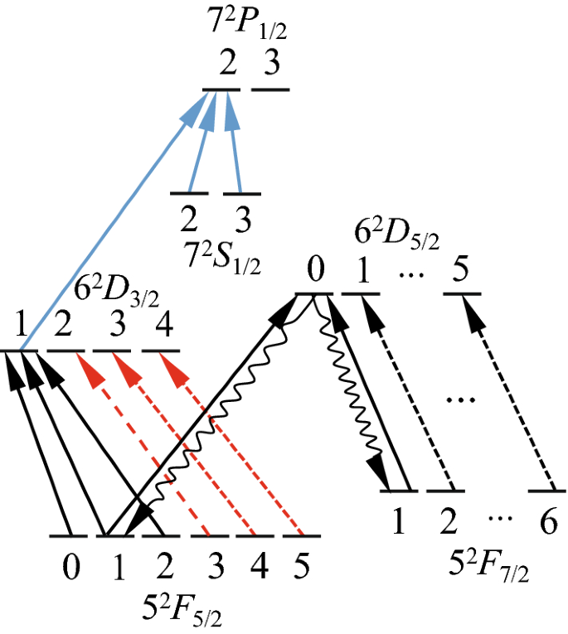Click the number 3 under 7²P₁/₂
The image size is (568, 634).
point(271,63)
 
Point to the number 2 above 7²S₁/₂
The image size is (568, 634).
point(189,220)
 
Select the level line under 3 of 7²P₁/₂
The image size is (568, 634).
point(271,89)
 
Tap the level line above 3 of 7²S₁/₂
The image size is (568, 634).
point(242,194)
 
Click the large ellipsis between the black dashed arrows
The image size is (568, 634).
point(459,401)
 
